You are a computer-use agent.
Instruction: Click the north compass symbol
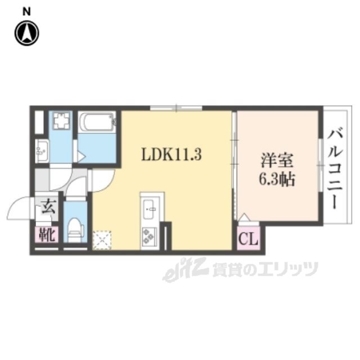coord(26,33)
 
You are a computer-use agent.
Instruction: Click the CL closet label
coord(247,240)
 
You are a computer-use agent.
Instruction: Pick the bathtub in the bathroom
coord(97,121)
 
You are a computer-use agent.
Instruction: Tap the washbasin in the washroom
coord(40,151)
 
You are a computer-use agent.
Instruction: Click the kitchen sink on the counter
coord(151,210)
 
